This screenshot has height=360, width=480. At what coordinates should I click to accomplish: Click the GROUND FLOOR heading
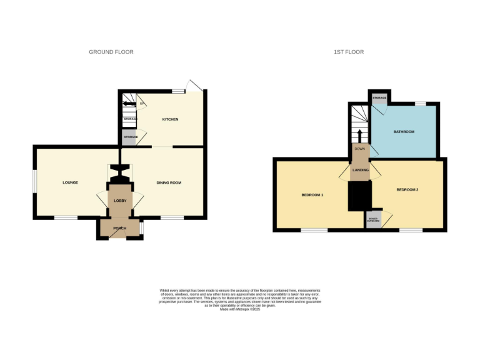pyautogui.click(x=111, y=52)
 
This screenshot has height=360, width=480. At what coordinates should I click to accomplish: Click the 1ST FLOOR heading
pyautogui.click(x=348, y=52)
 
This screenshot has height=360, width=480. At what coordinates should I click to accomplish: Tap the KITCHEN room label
pyautogui.click(x=171, y=119)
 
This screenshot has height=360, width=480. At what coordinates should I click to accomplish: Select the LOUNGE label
pyautogui.click(x=70, y=182)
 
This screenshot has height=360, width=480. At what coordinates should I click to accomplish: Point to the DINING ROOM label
pyautogui.click(x=169, y=182)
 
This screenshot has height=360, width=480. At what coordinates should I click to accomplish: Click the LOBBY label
pyautogui.click(x=120, y=201)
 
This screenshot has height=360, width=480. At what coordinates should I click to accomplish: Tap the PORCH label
pyautogui.click(x=119, y=229)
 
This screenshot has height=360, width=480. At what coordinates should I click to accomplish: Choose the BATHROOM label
pyautogui.click(x=403, y=132)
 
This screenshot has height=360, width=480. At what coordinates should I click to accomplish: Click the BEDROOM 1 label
pyautogui.click(x=312, y=195)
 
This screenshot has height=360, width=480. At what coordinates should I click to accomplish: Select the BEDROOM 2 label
pyautogui.click(x=407, y=189)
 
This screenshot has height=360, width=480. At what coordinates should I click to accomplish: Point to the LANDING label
pyautogui.click(x=360, y=170)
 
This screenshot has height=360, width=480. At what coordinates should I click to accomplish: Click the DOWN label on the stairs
pyautogui.click(x=359, y=149)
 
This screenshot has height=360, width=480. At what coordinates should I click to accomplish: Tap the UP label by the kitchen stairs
pyautogui.click(x=142, y=103)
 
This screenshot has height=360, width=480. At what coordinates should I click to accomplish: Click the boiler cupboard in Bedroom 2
pyautogui.click(x=373, y=219)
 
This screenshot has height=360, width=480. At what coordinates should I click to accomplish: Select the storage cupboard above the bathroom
pyautogui.click(x=379, y=99)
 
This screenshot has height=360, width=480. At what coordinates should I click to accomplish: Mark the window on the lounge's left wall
pyautogui.click(x=34, y=183)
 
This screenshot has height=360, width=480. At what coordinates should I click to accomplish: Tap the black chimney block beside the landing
pyautogui.click(x=359, y=196)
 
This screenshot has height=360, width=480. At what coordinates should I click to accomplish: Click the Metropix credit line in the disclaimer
pyautogui.click(x=240, y=309)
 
